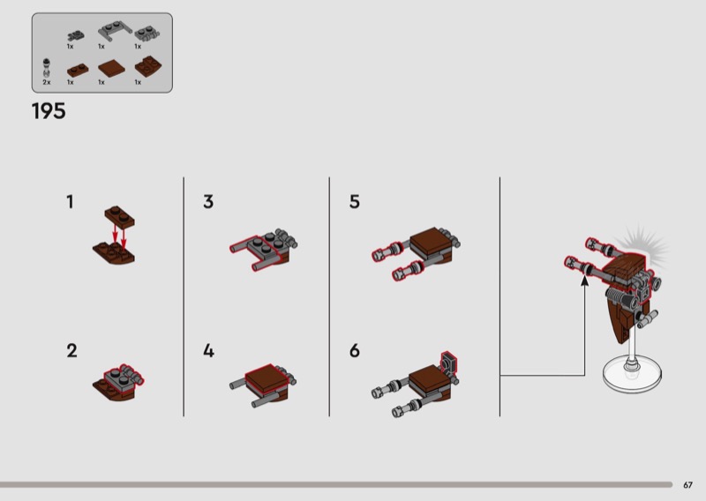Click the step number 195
(49, 111)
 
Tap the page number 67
(687, 485)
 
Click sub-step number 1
(70, 202)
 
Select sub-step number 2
(71, 351)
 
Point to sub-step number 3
(208, 202)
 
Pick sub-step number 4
(208, 351)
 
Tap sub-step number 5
(355, 202)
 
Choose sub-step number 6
(355, 351)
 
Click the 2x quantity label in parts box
(47, 82)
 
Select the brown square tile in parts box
(111, 69)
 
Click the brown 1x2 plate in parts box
(78, 70)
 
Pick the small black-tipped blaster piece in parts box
(47, 68)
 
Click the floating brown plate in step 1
(120, 215)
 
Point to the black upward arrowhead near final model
(584, 280)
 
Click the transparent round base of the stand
(632, 375)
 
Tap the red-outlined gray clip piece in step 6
(449, 362)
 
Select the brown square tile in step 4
(267, 378)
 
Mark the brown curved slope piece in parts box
(146, 67)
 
